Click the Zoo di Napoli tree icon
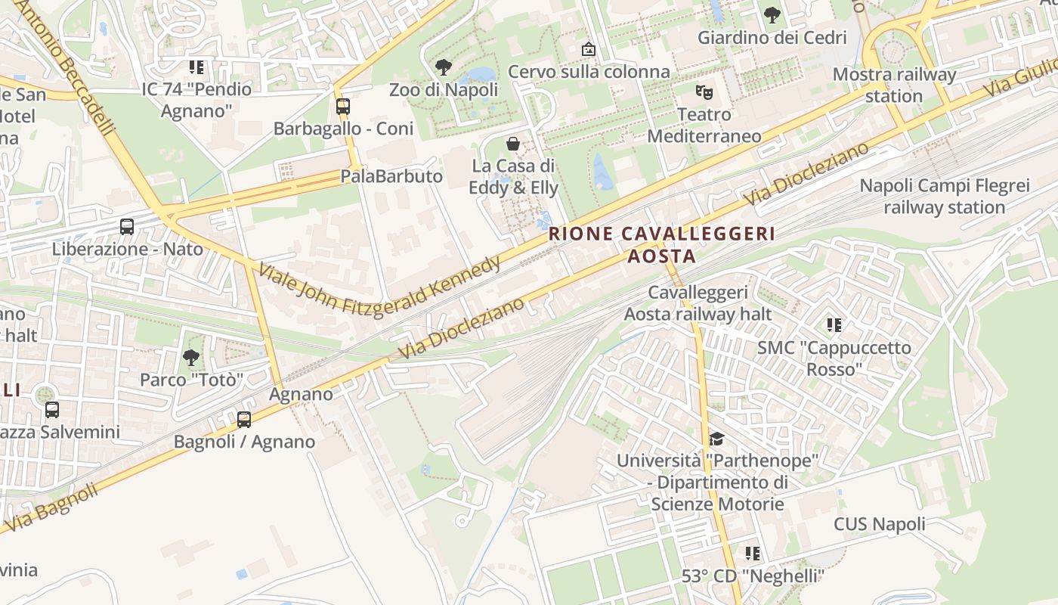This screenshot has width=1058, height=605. coord(444,67)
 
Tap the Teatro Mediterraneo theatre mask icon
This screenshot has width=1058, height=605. coord(704,93)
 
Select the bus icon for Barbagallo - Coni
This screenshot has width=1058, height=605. coord(343,107)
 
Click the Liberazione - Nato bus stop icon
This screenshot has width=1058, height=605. coord(127,226)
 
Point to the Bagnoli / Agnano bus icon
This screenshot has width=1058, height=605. coord(244,419)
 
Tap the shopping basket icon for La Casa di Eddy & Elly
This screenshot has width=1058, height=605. coord(513,143)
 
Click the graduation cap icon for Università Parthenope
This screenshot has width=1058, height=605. coord(716,439)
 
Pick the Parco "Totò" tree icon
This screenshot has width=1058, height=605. coord(191,357)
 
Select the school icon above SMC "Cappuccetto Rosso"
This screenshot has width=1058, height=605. coord(834,325)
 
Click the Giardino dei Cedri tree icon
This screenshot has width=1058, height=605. coord(772,14)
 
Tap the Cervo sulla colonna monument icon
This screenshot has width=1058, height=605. coord(589,49)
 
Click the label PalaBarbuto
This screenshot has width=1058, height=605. coord(391,176)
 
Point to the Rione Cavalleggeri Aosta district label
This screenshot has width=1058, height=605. coord(662,244)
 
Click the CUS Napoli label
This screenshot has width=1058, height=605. coord(879,524)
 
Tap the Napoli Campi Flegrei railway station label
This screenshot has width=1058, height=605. coord(945,196)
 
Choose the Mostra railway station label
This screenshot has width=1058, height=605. coord(894,85)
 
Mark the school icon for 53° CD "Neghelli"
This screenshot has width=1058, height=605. coord(753,554)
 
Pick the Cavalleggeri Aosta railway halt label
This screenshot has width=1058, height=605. coord(698,302)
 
